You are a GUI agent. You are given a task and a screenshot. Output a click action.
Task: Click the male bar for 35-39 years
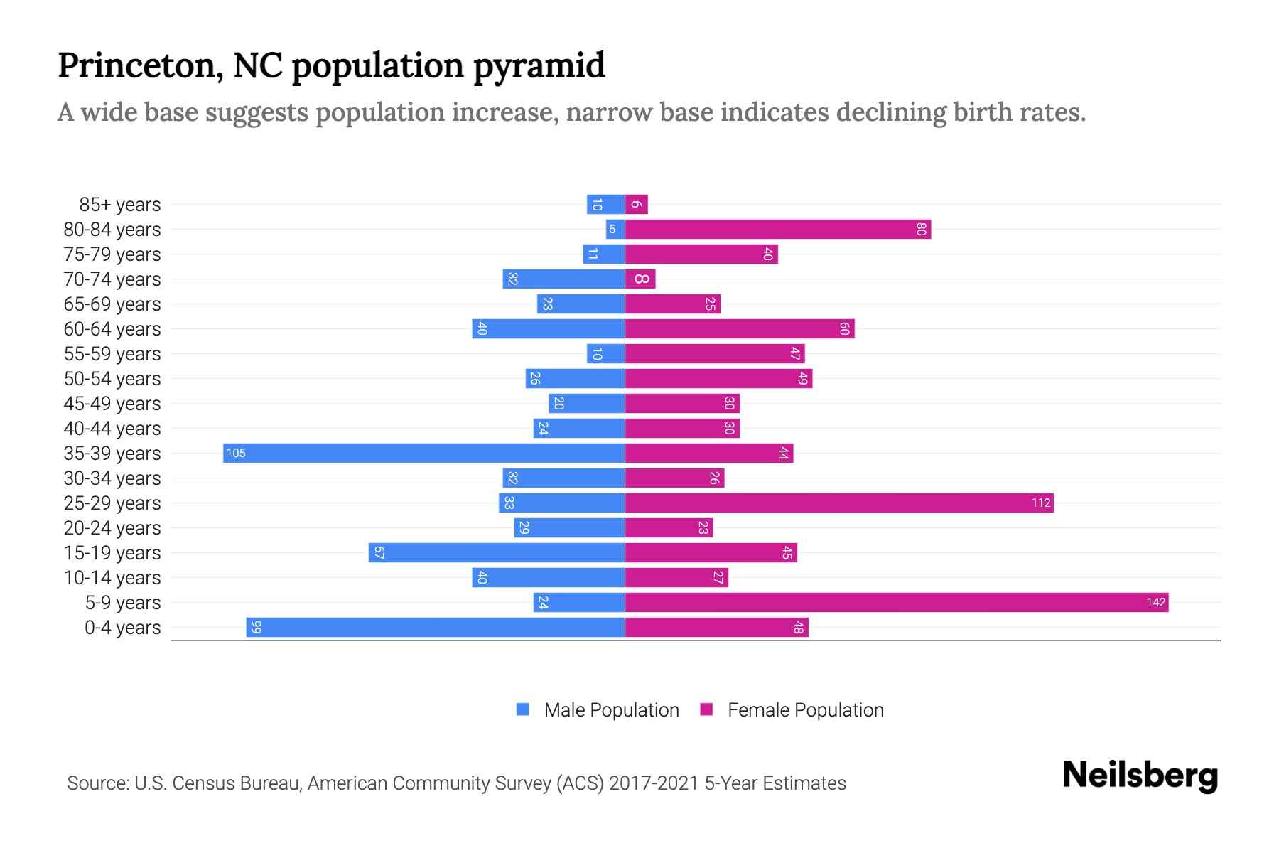pyautogui.click(x=423, y=453)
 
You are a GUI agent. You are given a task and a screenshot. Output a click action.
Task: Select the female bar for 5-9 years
pyautogui.click(x=897, y=602)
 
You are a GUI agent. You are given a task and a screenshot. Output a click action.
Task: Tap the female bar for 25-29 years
pyautogui.click(x=839, y=503)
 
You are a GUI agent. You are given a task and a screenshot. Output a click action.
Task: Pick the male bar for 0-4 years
pyautogui.click(x=436, y=627)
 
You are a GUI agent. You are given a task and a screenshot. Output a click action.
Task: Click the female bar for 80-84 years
pyautogui.click(x=778, y=229)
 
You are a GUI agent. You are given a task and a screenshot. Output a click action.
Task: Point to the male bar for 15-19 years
pyautogui.click(x=497, y=552)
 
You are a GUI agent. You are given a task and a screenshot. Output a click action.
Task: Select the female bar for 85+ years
pyautogui.click(x=637, y=204)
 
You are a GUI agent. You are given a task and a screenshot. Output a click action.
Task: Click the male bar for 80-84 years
pyautogui.click(x=615, y=229)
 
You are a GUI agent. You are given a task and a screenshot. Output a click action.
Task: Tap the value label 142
pyautogui.click(x=1155, y=602)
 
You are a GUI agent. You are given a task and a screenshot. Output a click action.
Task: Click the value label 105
pyautogui.click(x=236, y=453)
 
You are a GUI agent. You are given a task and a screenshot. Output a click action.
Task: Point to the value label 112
pyautogui.click(x=1041, y=503)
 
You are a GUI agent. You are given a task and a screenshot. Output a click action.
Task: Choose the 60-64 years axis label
pyautogui.click(x=112, y=329)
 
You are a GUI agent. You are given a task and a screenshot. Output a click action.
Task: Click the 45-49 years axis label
pyautogui.click(x=112, y=404)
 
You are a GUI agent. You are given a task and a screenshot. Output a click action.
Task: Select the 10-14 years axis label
pyautogui.click(x=112, y=578)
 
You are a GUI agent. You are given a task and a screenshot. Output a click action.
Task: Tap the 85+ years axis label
pyautogui.click(x=120, y=205)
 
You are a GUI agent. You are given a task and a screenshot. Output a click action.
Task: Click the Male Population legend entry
pyautogui.click(x=611, y=709)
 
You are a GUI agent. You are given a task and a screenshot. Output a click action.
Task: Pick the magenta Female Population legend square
pyautogui.click(x=706, y=709)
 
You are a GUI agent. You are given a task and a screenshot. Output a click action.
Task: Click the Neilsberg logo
pyautogui.click(x=1140, y=776)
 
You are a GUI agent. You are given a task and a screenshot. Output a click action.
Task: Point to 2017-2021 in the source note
pyautogui.click(x=654, y=783)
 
